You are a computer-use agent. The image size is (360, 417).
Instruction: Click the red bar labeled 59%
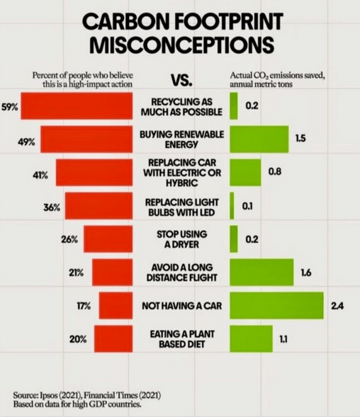(77, 106)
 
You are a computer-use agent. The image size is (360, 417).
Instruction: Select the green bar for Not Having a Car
(277, 305)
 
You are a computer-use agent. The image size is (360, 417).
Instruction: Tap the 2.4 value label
(337, 306)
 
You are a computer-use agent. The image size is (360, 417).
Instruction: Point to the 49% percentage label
(26, 142)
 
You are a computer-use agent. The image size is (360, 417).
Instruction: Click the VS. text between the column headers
(181, 81)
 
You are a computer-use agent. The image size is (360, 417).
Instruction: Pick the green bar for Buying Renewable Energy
(259, 139)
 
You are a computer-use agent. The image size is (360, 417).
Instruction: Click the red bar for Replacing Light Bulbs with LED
(99, 206)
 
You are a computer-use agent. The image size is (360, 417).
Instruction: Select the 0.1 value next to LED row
(247, 206)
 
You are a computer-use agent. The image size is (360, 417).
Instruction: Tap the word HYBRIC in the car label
(182, 183)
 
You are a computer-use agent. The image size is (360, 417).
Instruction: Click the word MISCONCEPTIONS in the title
(182, 45)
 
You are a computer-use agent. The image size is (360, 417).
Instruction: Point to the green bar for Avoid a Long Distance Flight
(261, 272)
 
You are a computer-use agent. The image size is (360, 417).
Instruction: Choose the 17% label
(84, 306)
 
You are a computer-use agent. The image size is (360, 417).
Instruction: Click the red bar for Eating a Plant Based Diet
(113, 339)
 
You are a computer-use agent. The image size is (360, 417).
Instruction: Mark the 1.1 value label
(283, 339)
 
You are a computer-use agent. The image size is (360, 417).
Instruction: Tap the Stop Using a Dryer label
(182, 239)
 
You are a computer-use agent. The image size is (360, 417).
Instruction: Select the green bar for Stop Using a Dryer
(234, 239)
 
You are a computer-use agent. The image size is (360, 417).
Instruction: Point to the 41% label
(40, 176)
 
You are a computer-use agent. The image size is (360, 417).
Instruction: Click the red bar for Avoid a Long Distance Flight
(113, 272)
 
